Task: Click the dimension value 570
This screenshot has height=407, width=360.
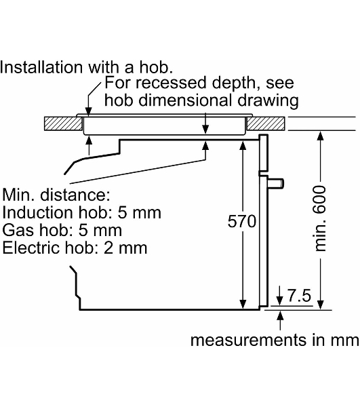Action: [x=242, y=221]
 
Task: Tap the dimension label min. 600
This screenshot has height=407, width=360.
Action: [x=319, y=218]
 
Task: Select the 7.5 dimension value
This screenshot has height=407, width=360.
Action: [x=299, y=295]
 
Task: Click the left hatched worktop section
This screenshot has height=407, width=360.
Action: [x=63, y=123]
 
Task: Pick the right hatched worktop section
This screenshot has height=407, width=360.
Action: [x=266, y=123]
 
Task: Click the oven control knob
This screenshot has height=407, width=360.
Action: [x=276, y=183]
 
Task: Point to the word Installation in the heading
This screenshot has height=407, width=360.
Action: [x=41, y=67]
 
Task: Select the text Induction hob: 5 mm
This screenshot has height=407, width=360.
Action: [x=82, y=212]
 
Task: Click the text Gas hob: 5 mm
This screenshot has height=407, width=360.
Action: [x=62, y=230]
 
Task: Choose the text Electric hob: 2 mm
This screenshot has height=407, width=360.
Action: [x=75, y=248]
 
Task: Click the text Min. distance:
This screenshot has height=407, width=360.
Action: [x=56, y=195]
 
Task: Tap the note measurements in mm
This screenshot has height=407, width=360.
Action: [x=275, y=340]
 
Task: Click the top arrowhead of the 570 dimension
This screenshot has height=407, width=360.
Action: [x=243, y=146]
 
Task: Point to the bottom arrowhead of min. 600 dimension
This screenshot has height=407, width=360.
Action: [x=321, y=305]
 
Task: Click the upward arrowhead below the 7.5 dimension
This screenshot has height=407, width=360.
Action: [x=280, y=315]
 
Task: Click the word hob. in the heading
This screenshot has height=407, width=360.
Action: [x=156, y=67]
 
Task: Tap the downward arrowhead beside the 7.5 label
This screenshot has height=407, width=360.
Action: [x=279, y=301]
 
